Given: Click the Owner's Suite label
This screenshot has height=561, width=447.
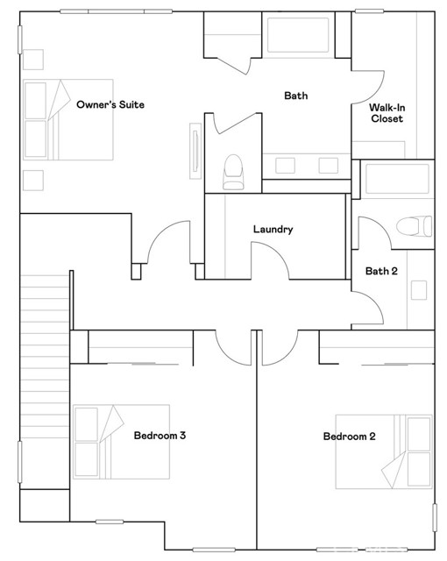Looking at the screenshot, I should pyautogui.click(x=110, y=105).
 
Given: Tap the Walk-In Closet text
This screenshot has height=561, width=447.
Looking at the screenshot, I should pyautogui.click(x=387, y=113).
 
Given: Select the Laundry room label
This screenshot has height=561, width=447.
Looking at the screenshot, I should pyautogui.click(x=273, y=230).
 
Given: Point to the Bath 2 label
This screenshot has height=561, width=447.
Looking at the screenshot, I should pyautogui.click(x=381, y=271).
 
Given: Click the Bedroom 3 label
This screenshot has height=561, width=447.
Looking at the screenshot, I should pyautogui.click(x=159, y=435).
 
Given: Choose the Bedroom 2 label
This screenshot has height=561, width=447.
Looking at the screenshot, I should pyautogui.click(x=349, y=437).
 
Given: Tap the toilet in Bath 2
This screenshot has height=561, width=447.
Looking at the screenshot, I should pyautogui.click(x=414, y=227).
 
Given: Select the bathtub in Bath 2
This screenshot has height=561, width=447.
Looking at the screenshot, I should pyautogui.click(x=397, y=179).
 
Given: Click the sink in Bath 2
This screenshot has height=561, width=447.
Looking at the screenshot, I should pyautogui.click(x=419, y=289).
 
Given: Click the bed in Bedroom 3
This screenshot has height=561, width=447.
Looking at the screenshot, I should pyautogui.click(x=120, y=443).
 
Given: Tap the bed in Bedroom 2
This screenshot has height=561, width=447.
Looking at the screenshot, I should pyautogui.click(x=385, y=451).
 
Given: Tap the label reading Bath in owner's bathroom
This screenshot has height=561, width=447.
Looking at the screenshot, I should pyautogui.click(x=295, y=96).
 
